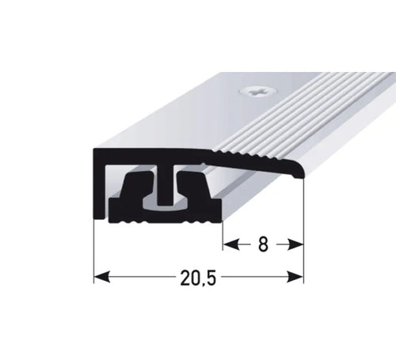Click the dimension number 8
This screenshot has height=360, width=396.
pos(263,244)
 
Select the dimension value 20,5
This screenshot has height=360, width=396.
pos(198,279)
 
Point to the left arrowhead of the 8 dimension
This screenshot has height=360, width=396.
pos(230,244)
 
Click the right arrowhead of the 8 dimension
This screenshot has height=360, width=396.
pos(295,244)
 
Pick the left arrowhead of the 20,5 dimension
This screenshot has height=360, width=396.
pos(101,277)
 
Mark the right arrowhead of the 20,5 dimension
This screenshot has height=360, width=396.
pos(295,277)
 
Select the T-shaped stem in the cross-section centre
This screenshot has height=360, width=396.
pos(165,188)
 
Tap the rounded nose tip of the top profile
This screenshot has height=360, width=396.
pos(301,173)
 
